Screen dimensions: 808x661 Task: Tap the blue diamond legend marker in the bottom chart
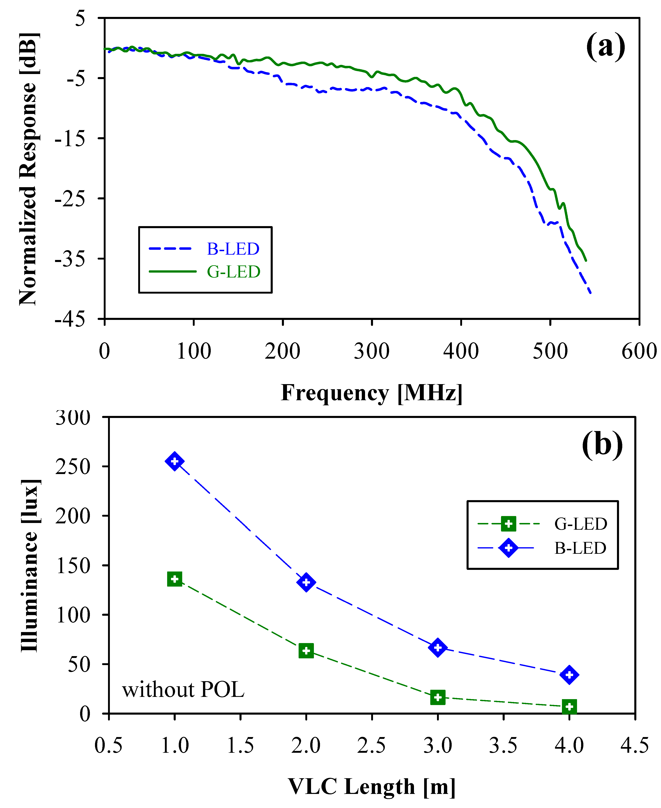tap(508, 548)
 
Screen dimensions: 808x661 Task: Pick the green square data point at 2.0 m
tap(306, 651)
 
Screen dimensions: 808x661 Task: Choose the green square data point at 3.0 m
tap(438, 697)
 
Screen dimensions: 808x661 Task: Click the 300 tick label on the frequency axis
tap(372, 351)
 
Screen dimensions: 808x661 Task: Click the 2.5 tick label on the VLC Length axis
tap(372, 746)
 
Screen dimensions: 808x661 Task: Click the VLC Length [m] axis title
tap(372, 787)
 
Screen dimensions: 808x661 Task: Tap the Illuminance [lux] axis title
tap(29, 565)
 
